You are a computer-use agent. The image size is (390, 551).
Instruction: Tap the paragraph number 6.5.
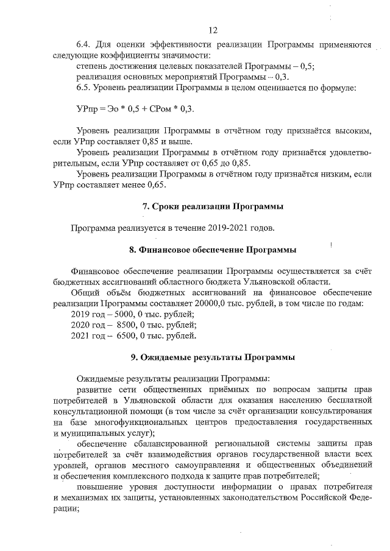click(x=84, y=88)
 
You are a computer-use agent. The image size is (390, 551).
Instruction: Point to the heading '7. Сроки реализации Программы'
click(x=213, y=207)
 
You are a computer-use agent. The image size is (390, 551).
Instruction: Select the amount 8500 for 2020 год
click(x=124, y=325)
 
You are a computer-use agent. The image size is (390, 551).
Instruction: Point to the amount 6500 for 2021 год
click(x=124, y=336)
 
